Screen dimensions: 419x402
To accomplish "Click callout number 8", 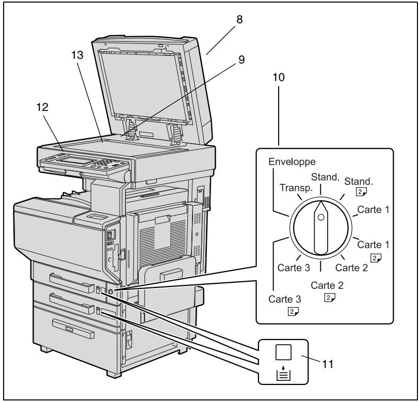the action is coord(239,20).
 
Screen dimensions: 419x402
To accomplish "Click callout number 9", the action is coord(241,60).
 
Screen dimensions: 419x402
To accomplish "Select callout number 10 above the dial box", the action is coord(279,77).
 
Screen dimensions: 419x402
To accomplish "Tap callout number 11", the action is coord(328,364).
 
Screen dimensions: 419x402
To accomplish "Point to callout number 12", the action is coord(42,107).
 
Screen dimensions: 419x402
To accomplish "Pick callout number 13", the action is coord(77,55).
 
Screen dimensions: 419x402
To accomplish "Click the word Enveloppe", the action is coord(292,162).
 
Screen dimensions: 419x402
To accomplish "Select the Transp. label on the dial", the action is coord(296,188).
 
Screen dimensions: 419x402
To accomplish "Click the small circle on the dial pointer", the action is coord(321,217).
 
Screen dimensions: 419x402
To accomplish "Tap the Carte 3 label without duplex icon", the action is coord(294,267).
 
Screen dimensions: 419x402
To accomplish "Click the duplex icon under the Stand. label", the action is coord(361,191).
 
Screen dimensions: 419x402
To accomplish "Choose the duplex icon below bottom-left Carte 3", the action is coord(293,311).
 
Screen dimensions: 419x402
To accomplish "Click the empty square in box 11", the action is coord(283,352).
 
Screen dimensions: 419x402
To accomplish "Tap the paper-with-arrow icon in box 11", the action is coord(283,374).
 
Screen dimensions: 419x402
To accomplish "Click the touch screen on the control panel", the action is coord(74,160).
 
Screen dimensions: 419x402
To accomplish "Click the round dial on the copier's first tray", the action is coord(110,292).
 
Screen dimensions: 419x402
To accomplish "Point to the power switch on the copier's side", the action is coord(109,235).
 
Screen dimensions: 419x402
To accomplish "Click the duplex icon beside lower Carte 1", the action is coord(376,258).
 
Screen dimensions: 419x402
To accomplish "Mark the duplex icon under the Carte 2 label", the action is coord(330,298).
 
